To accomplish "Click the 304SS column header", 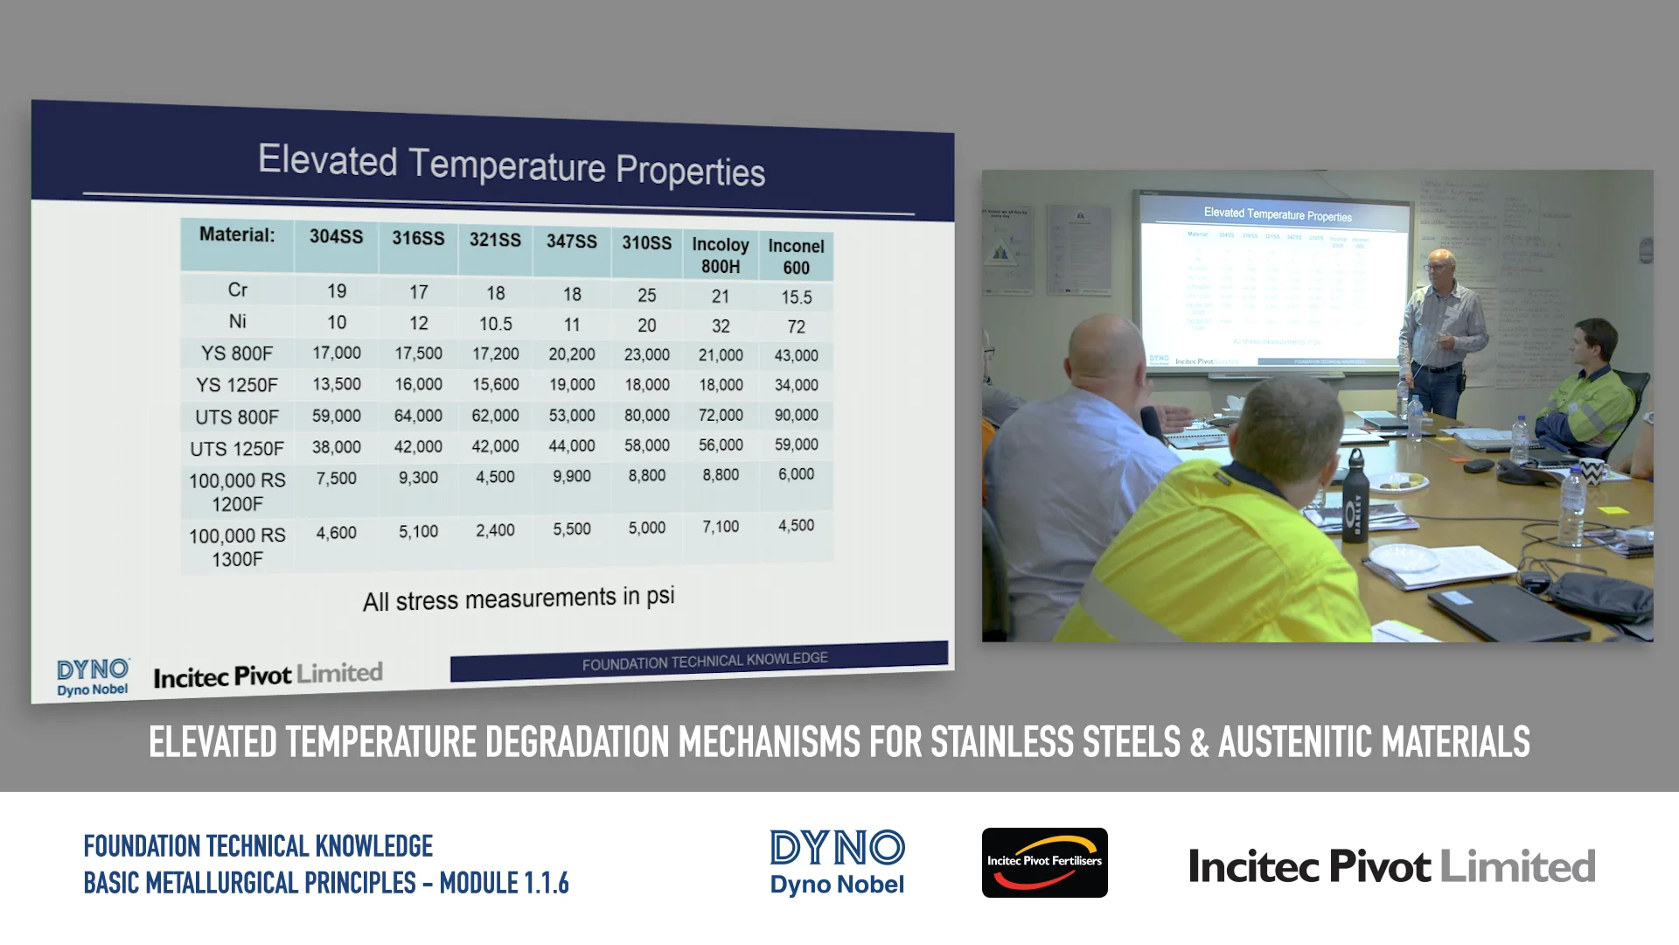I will tap(336, 236).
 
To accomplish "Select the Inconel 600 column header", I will tap(796, 256).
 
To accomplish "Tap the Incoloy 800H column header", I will tap(721, 255).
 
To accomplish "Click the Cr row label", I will tap(237, 290).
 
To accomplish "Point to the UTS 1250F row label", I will tap(237, 449).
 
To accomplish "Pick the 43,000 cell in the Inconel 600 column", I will tap(796, 355).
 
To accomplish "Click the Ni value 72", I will tap(796, 326).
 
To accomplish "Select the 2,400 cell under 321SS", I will tap(495, 530).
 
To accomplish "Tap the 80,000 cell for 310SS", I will tap(646, 416).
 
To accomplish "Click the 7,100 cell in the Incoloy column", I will tap(721, 527).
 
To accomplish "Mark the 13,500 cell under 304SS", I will tap(336, 384).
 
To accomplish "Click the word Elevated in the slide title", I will tap(327, 161).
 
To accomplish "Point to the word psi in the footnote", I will tap(660, 596).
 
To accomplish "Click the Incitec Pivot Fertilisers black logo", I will tap(1044, 863).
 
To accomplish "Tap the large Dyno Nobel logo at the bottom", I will tap(837, 863).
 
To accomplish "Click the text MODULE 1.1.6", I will tap(504, 883).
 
